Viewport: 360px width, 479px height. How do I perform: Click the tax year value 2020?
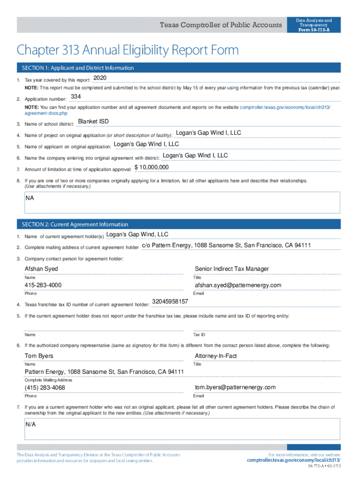100,78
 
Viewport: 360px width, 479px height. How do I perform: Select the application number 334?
75,96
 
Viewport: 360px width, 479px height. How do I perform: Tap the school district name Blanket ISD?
93,122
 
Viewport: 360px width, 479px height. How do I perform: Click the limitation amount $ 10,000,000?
151,167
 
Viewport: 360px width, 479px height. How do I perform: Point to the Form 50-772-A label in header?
314,30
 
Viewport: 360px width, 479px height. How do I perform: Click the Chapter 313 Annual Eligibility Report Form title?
128,50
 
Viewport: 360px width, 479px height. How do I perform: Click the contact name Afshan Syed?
41,269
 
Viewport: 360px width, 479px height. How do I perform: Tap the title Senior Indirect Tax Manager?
232,269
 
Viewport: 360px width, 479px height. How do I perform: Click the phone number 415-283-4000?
43,285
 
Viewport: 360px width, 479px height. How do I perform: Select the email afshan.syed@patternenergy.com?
238,285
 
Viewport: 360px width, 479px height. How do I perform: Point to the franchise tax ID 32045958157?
170,302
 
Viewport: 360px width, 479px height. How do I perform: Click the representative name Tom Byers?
39,356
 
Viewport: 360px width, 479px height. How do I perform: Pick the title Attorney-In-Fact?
216,356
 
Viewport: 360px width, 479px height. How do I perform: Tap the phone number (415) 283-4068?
45,388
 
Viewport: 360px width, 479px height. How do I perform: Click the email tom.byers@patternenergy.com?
235,387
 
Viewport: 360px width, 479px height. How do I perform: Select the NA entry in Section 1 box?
30,198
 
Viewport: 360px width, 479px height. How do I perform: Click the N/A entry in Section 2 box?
31,425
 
